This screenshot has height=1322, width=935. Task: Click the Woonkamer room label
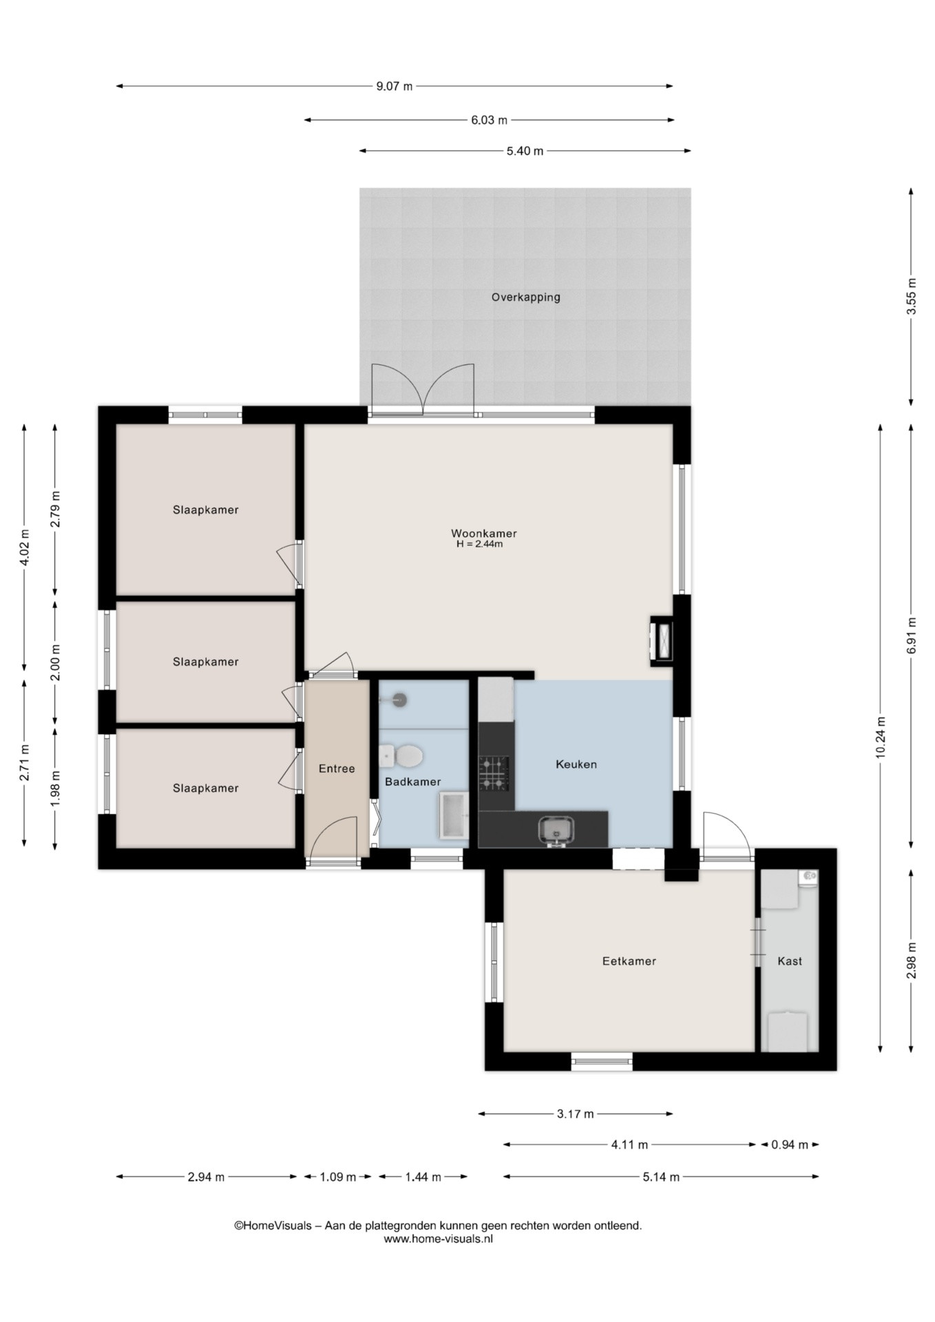pyautogui.click(x=483, y=534)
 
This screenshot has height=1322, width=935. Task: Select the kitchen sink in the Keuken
pyautogui.click(x=556, y=830)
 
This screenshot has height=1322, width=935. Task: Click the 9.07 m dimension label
pyautogui.click(x=395, y=86)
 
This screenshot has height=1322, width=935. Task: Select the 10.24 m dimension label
pyautogui.click(x=881, y=737)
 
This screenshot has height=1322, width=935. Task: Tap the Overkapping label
pyautogui.click(x=525, y=297)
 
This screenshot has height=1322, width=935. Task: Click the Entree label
pyautogui.click(x=337, y=768)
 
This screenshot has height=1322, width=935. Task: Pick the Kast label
pyautogui.click(x=790, y=961)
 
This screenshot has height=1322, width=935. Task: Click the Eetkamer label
pyautogui.click(x=629, y=961)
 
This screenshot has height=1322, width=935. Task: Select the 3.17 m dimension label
pyautogui.click(x=575, y=1114)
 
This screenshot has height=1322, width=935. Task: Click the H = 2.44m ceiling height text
pyautogui.click(x=479, y=544)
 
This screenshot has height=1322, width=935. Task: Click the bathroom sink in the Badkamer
pyautogui.click(x=454, y=815)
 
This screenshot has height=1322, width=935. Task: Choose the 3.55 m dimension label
pyautogui.click(x=911, y=296)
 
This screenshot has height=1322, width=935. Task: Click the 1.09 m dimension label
pyautogui.click(x=337, y=1177)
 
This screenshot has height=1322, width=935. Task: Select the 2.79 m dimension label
pyautogui.click(x=56, y=509)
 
